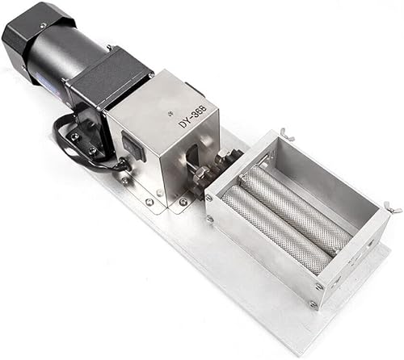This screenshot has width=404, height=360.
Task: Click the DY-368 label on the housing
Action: pos(192,116)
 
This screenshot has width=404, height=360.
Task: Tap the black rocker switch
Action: pos(134,145)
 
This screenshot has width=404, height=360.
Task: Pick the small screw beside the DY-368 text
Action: pos(170,114)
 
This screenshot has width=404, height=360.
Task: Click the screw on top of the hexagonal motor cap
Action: pos(43,26)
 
